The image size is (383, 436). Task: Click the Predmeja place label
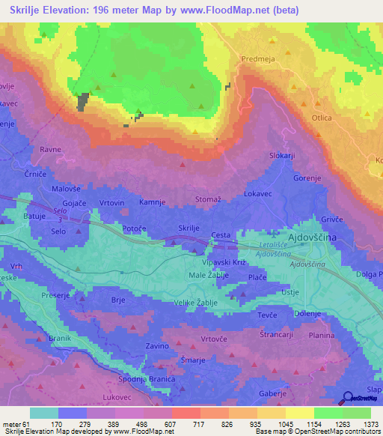(x=259, y=57)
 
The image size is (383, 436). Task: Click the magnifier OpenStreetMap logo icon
(x=349, y=399)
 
